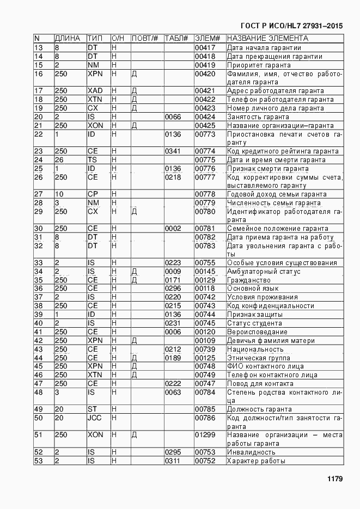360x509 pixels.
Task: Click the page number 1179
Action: coord(334,479)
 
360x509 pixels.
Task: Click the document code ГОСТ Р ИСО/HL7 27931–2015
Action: coord(291,26)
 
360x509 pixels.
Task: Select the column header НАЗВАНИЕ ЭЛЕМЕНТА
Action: coord(267,39)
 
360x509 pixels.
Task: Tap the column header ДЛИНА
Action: coord(68,39)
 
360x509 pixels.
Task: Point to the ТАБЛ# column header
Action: coord(176,39)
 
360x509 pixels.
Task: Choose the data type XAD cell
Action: coord(94,91)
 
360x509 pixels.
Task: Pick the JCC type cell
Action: coord(94,418)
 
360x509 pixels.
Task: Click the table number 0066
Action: coord(173,117)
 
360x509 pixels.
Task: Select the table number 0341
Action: coord(173,151)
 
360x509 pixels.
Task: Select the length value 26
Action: coord(59,160)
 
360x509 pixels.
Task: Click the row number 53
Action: coord(38,461)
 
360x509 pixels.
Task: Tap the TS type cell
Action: coord(92,160)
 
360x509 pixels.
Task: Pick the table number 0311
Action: coord(173,461)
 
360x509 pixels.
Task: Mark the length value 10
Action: coord(59,194)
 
